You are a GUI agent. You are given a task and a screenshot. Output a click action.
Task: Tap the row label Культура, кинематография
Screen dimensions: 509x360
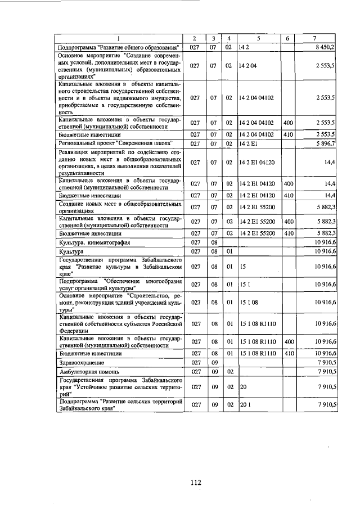[94, 242]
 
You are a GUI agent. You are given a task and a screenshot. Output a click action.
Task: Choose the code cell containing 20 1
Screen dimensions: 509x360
[244, 404]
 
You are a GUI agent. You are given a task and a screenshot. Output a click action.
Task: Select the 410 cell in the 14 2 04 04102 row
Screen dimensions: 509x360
[287, 134]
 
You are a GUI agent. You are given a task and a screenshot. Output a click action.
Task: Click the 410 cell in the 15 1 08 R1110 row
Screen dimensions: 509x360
[287, 354]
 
